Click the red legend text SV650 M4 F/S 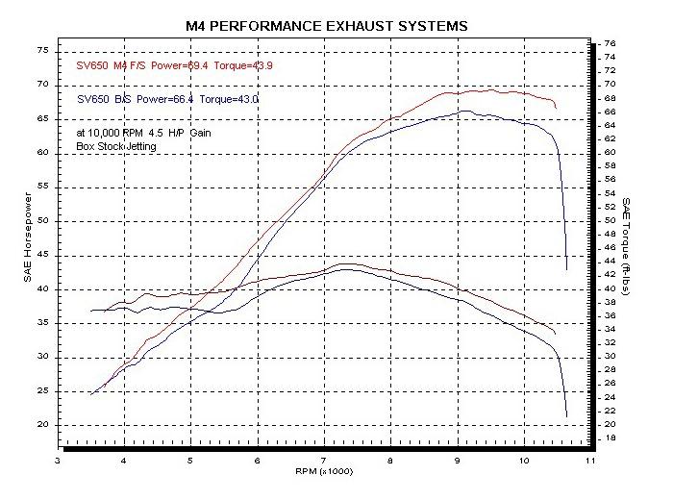pos(112,66)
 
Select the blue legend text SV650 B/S pos(105,97)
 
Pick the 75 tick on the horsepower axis pos(41,50)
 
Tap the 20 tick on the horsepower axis pos(41,425)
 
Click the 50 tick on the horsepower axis pos(41,221)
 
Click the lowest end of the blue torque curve pos(566,415)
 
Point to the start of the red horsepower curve pos(91,393)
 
